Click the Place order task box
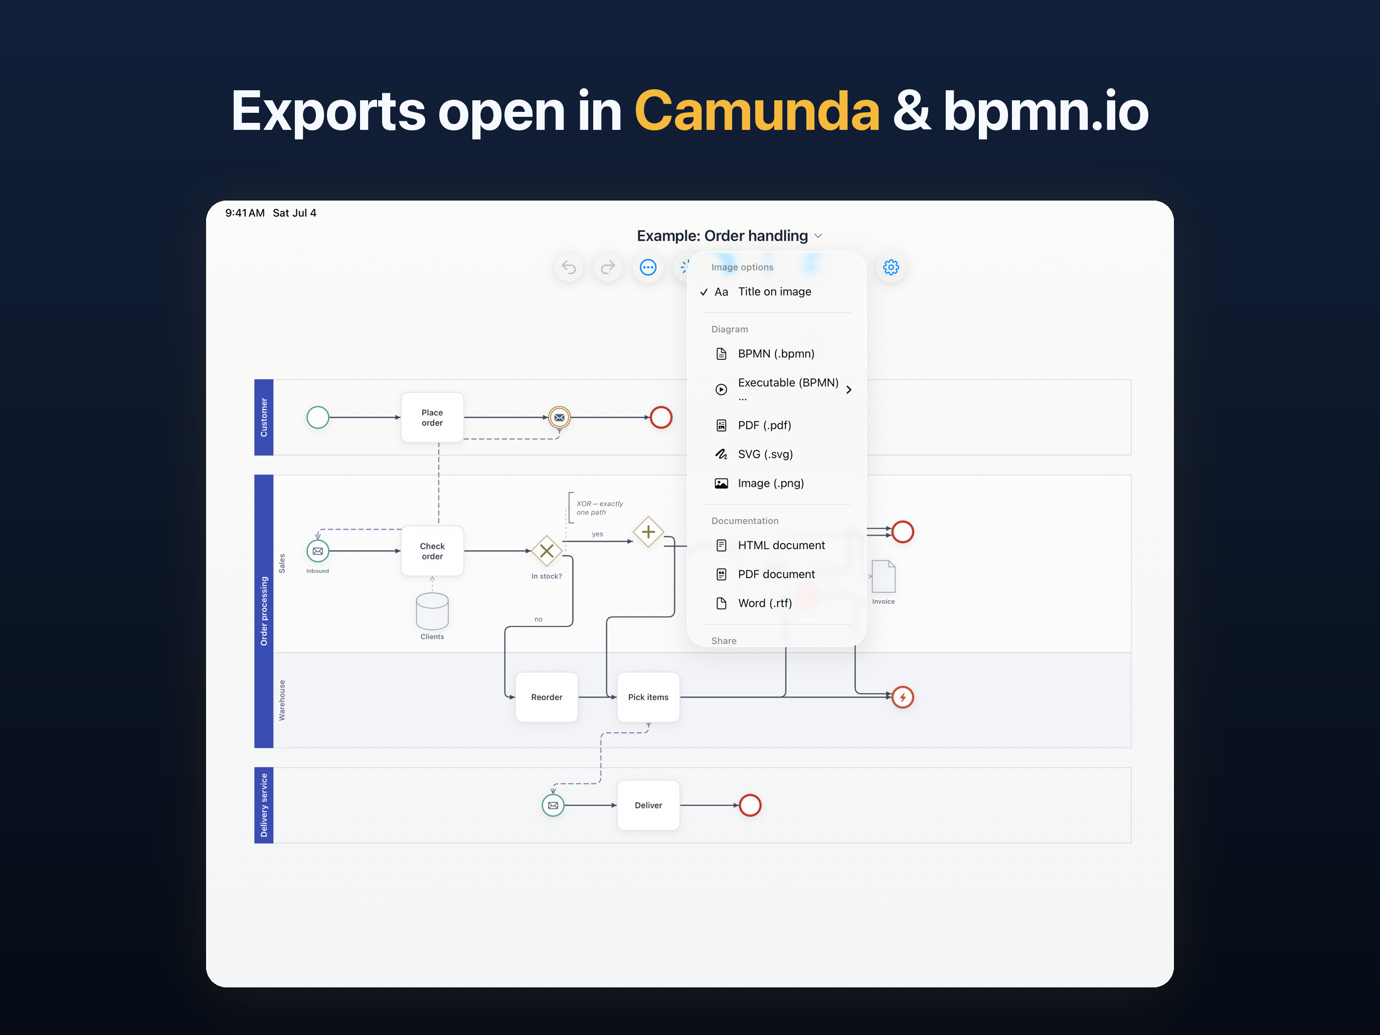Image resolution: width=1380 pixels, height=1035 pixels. tap(432, 417)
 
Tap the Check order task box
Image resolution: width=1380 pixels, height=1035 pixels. tap(432, 551)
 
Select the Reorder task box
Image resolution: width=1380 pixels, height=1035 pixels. tap(547, 697)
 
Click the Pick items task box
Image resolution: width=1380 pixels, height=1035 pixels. tap(648, 697)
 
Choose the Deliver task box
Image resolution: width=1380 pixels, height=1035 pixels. tap(648, 805)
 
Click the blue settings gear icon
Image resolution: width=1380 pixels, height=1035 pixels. tap(891, 267)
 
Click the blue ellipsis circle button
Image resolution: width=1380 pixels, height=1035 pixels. tap(648, 267)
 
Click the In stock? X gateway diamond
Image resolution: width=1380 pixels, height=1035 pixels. tap(547, 551)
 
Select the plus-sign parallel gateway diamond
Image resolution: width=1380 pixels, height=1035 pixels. tap(648, 532)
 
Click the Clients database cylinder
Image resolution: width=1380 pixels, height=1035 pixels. tap(432, 611)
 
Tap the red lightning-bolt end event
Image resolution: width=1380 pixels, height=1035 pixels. tap(903, 697)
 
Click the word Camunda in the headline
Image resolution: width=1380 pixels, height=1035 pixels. tap(757, 111)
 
